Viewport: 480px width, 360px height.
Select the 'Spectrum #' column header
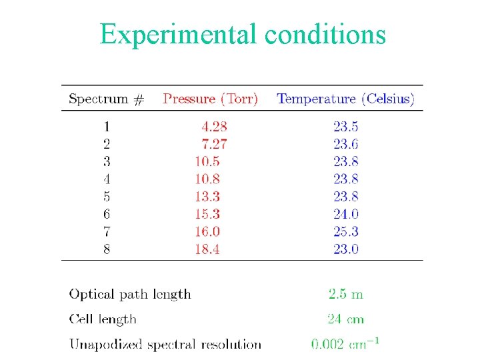click(x=106, y=99)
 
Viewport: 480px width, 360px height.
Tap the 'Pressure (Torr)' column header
click(x=211, y=99)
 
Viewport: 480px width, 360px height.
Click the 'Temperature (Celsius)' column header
click(x=345, y=99)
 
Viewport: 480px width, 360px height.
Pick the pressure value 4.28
click(x=214, y=125)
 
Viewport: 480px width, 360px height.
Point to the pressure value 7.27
click(x=214, y=143)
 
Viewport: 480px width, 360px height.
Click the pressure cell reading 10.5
click(x=207, y=161)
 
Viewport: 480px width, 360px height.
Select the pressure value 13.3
click(x=207, y=196)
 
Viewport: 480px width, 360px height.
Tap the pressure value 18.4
click(x=207, y=249)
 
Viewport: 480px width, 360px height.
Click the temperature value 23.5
click(x=345, y=125)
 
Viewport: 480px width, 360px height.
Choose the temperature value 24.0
click(x=345, y=214)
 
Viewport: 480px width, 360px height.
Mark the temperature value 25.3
click(x=345, y=231)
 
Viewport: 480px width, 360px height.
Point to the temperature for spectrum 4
click(x=345, y=179)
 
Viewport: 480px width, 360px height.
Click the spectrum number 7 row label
click(x=107, y=231)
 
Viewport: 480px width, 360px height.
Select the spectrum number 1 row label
click(x=107, y=125)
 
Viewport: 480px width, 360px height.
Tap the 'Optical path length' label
click(x=130, y=294)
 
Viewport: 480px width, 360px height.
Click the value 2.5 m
click(x=345, y=294)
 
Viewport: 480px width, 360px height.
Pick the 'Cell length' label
click(x=103, y=319)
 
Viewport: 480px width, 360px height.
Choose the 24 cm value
click(x=345, y=319)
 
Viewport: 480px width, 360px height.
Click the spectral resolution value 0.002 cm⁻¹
click(x=345, y=344)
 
